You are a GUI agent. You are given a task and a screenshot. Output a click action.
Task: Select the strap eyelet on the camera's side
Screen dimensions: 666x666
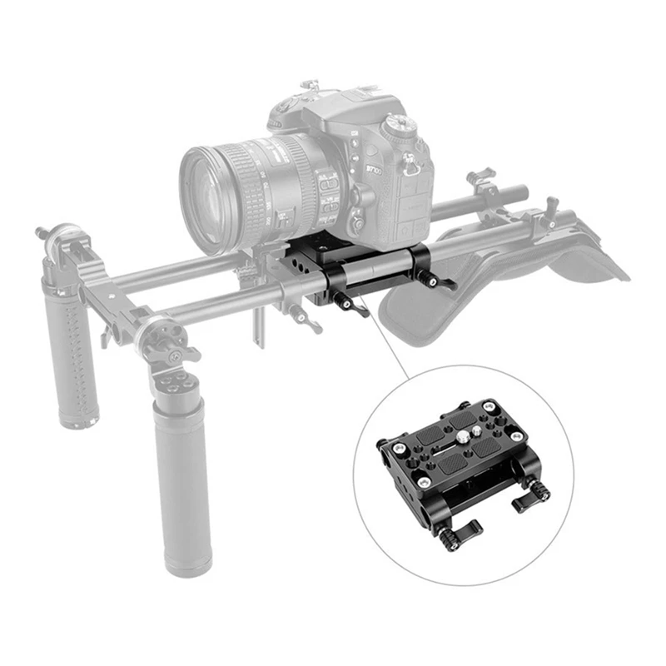[410, 166]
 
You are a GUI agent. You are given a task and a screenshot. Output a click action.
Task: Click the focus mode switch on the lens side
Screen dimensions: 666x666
[327, 184]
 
